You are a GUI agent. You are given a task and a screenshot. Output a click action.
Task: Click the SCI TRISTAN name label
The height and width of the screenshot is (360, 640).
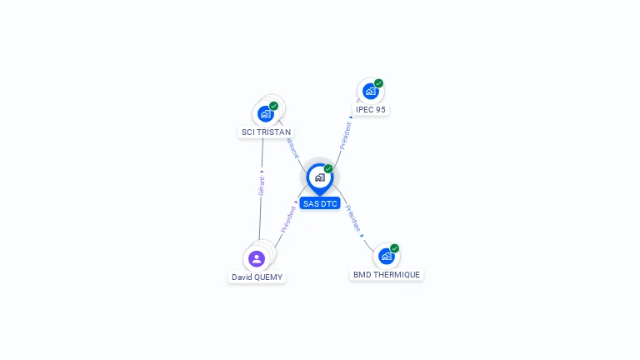tap(266, 132)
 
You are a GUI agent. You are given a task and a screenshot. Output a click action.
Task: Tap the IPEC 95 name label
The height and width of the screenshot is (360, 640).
tap(370, 109)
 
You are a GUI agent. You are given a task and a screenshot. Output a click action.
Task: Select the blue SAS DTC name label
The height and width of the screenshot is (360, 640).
tap(320, 203)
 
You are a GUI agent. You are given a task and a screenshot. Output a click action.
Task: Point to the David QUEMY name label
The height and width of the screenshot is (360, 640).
tap(257, 277)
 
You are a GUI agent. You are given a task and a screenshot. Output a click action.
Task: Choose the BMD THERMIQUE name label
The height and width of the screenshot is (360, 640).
tap(387, 274)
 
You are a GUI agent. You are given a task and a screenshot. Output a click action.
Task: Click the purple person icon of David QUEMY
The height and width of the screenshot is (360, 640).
tap(257, 258)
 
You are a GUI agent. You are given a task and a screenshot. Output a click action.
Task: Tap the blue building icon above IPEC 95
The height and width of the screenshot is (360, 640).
tap(370, 91)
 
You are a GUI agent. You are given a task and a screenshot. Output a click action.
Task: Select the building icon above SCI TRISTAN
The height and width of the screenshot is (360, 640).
tap(266, 113)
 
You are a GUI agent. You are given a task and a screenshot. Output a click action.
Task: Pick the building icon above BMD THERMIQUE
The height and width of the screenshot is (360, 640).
tap(386, 256)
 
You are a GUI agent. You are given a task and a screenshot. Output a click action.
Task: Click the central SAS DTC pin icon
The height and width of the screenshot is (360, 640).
tap(319, 177)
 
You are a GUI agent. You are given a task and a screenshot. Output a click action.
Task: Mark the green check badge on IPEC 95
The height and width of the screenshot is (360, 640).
tap(378, 83)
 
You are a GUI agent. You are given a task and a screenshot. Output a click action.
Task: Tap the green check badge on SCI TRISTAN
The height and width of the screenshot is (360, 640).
tap(273, 106)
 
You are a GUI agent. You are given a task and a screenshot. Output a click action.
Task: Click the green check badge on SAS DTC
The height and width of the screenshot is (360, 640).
tap(328, 169)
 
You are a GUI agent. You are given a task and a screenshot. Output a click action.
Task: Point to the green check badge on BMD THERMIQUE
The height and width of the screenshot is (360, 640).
tap(394, 248)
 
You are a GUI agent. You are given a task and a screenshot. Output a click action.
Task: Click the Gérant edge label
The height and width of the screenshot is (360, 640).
tap(262, 185)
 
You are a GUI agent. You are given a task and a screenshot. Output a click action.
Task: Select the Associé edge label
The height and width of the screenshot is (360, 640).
tap(292, 147)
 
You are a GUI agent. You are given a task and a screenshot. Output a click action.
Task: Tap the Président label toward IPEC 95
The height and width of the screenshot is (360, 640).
tap(346, 135)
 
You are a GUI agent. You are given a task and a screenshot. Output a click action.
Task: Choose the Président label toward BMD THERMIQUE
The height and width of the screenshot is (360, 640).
tap(352, 218)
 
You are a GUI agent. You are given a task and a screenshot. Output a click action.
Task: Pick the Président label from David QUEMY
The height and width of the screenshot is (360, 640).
tap(288, 217)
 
